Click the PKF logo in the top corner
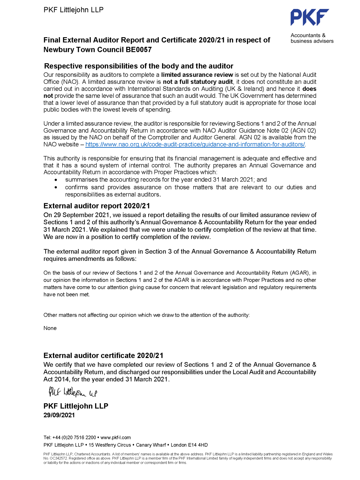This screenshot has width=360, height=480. (309, 17)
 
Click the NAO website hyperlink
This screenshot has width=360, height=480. (195, 144)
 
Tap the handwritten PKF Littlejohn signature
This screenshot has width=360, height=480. (73, 392)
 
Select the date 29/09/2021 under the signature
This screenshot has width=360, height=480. (59, 415)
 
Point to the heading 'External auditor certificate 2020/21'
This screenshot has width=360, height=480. (103, 355)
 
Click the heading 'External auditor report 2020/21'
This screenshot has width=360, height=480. (97, 206)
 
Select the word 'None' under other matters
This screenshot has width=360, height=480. (50, 328)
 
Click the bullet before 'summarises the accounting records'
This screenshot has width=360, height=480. (56, 180)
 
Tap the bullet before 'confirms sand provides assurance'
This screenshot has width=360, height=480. (56, 187)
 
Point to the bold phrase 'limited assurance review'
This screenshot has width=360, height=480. (197, 75)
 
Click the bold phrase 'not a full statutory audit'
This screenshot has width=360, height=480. (198, 82)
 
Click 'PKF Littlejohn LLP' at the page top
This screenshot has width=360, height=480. (73, 10)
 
